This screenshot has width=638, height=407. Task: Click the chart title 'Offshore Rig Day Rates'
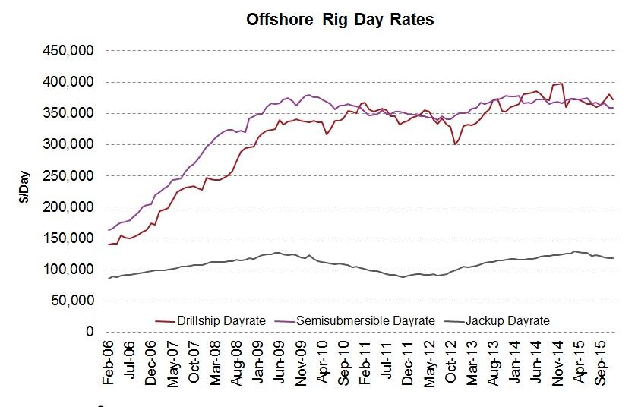point(340,20)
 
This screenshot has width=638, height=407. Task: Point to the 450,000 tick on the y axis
point(69,51)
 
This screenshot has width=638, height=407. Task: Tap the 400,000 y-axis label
point(69,82)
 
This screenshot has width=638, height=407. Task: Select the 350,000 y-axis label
point(69,113)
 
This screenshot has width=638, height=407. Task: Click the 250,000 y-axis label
point(69,175)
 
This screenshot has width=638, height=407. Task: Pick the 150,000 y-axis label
point(69,238)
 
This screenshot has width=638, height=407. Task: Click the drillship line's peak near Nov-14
point(561,84)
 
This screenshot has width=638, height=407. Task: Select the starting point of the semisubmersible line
point(108,230)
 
